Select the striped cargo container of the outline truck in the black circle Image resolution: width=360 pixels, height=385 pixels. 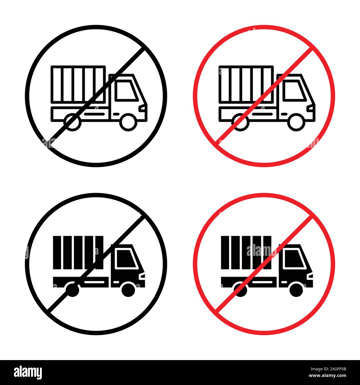[78, 84]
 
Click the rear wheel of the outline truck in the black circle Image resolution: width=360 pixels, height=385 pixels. [72, 122]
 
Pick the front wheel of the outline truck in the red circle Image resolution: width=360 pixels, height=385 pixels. [296, 122]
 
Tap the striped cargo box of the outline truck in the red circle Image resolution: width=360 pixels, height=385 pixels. [246, 84]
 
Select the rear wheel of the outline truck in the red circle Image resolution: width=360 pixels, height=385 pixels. [240, 122]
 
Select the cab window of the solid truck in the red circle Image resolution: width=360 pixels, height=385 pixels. [294, 258]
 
